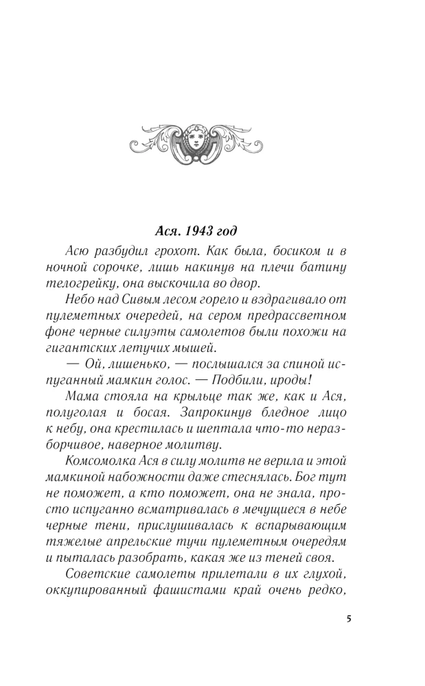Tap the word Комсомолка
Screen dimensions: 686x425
coord(94,464)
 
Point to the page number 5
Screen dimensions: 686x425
coord(349,619)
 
